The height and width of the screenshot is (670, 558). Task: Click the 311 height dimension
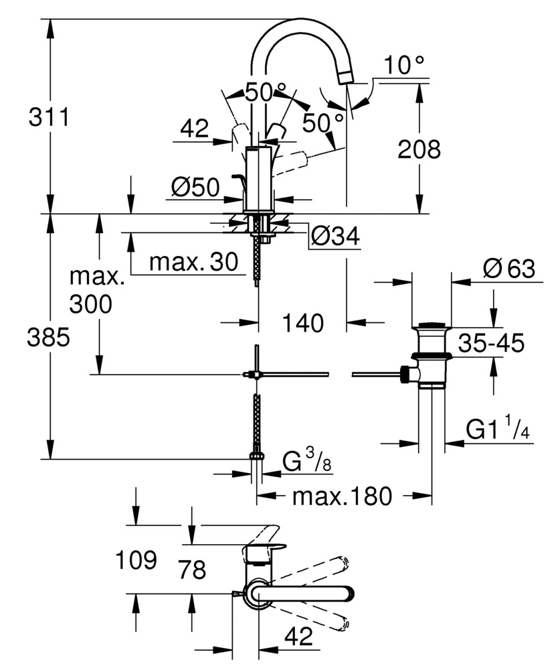[x=49, y=118]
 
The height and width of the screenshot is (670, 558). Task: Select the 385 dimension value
[x=48, y=339]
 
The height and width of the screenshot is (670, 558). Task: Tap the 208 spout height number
[x=420, y=149]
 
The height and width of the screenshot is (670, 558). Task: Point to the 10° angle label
[x=405, y=66]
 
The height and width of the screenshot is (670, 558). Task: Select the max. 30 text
[x=193, y=263]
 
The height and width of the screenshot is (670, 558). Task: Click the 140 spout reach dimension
[x=302, y=324]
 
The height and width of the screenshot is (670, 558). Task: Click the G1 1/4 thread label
[x=498, y=429]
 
